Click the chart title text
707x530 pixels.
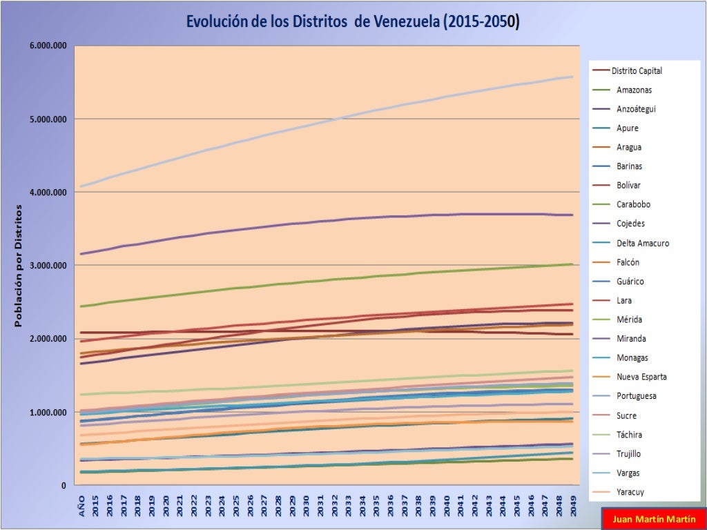tap(353, 21)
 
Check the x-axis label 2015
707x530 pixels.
tap(95, 504)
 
